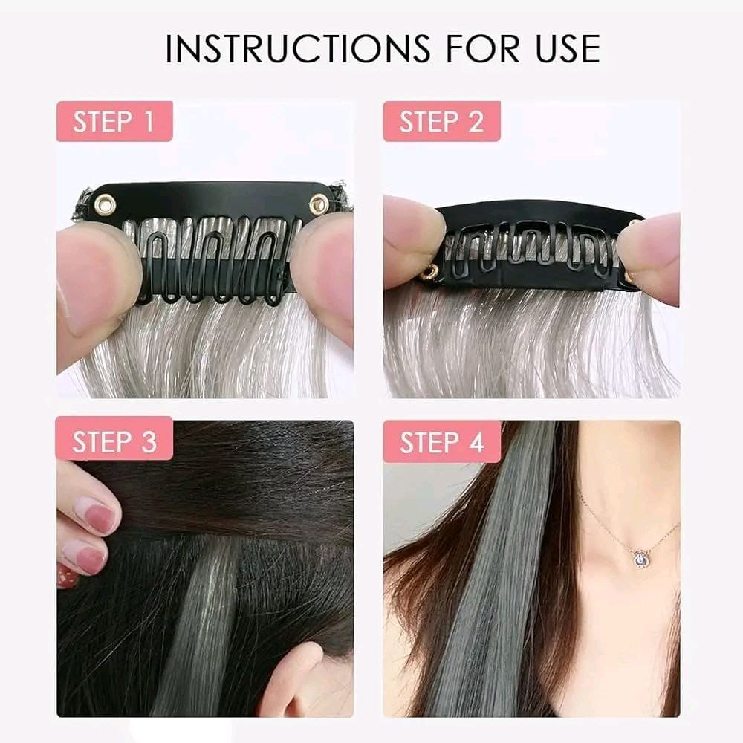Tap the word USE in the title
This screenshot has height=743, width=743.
pyautogui.click(x=568, y=48)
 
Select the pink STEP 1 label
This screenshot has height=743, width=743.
pyautogui.click(x=114, y=121)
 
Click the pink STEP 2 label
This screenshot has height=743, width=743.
pyautogui.click(x=441, y=121)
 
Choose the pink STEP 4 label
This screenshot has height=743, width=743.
pyautogui.click(x=441, y=441)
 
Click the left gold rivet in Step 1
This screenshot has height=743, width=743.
pyautogui.click(x=105, y=204)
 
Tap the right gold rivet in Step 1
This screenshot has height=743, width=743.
pyautogui.click(x=319, y=205)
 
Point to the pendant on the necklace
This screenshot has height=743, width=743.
pyautogui.click(x=641, y=559)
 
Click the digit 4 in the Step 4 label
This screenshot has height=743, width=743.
pyautogui.click(x=476, y=441)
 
